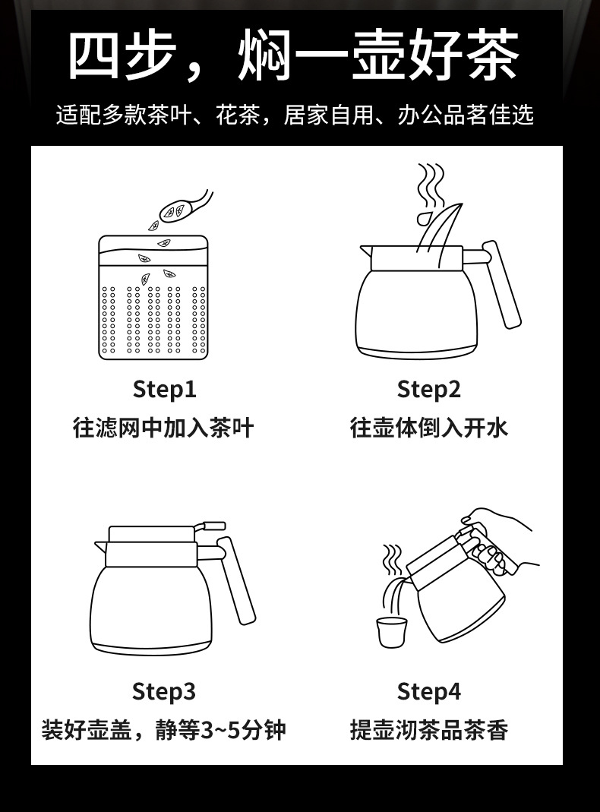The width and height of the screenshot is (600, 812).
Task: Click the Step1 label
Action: pos(165,389)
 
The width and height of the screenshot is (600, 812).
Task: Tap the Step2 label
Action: pos(428,389)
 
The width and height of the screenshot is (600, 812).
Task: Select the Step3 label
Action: pos(163,691)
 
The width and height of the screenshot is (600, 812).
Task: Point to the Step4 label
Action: pos(428,691)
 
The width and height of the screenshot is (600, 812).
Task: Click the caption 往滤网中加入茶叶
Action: pos(163,428)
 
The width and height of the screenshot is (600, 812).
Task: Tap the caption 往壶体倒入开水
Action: pos(428,428)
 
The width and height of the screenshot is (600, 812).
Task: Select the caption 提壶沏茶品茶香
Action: pos(428,730)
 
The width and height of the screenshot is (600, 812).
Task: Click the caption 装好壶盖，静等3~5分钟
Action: pos(163,730)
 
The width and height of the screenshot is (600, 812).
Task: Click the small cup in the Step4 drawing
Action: pos(391,632)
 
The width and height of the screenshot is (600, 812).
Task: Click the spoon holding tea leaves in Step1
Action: pos(184,207)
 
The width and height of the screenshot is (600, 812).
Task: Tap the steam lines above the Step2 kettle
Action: pos(431,184)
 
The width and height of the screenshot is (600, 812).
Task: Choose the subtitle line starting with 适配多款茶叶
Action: pos(295,115)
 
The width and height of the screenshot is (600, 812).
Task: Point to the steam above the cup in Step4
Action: pos(392,558)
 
